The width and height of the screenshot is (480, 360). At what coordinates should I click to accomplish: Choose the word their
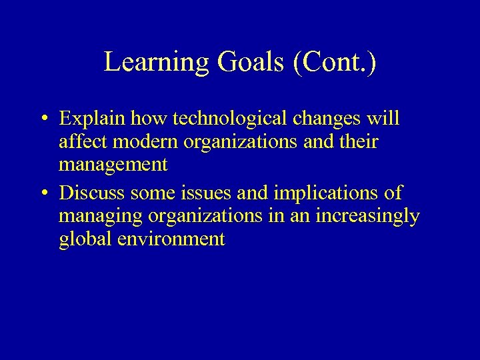359,142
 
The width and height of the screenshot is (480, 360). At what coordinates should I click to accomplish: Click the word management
113,165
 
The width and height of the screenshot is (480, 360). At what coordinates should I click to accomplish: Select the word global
85,239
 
